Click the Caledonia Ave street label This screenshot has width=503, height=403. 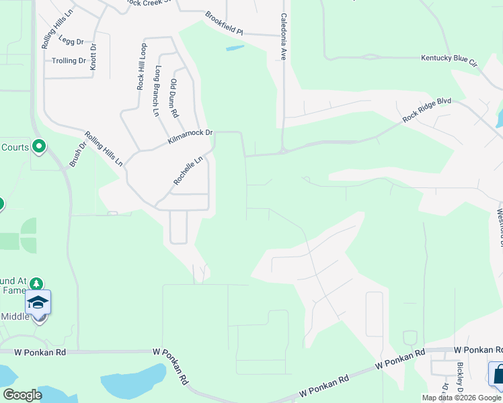284,37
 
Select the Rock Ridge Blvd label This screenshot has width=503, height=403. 426,110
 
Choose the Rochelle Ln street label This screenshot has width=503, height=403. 188,171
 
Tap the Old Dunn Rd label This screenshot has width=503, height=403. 173,98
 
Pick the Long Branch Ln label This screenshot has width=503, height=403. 157,91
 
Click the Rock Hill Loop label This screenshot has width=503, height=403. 141,67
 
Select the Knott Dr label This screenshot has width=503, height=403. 93,56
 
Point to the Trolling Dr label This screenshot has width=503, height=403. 69,60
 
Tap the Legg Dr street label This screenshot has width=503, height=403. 71,41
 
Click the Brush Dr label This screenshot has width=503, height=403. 79,154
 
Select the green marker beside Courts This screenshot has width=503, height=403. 39,146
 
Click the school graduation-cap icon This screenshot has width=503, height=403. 38,302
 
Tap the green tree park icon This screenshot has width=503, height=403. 36,285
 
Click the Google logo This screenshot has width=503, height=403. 22,395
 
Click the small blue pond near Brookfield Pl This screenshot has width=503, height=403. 235,48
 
